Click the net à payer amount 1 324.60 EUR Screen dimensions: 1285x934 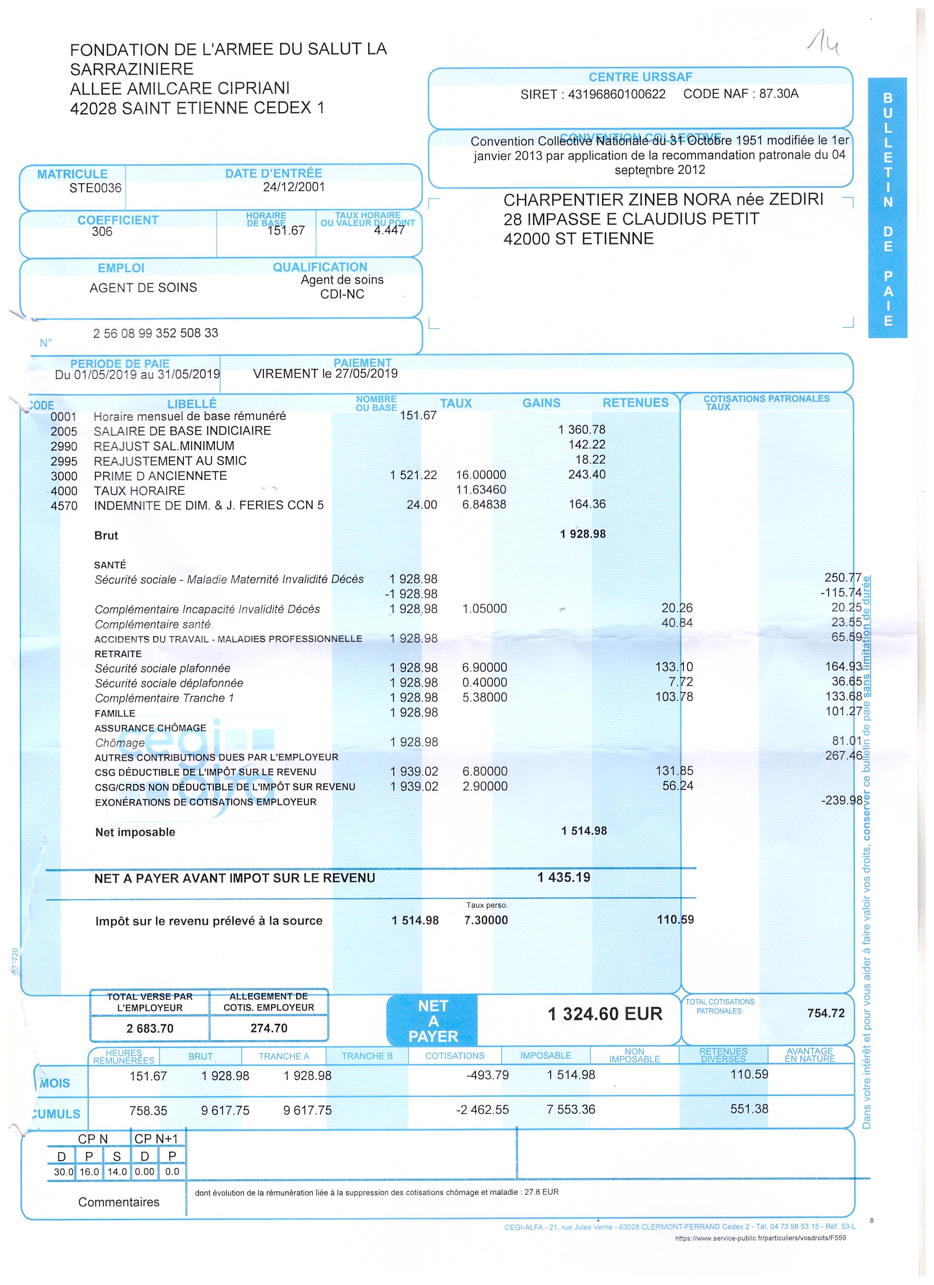pyautogui.click(x=605, y=1014)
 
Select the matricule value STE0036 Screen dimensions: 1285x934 pyautogui.click(x=95, y=188)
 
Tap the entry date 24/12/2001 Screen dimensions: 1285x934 pyautogui.click(x=294, y=187)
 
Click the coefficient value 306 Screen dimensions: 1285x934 pyautogui.click(x=102, y=232)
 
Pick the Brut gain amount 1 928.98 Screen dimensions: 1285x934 pyautogui.click(x=583, y=534)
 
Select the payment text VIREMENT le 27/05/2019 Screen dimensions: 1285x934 pyautogui.click(x=325, y=374)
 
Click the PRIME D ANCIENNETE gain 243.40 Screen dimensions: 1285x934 pyautogui.click(x=587, y=475)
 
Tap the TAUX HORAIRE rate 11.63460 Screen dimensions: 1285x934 pyautogui.click(x=481, y=489)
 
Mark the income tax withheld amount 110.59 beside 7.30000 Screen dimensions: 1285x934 pyautogui.click(x=675, y=920)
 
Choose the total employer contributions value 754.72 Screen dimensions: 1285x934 pyautogui.click(x=826, y=1013)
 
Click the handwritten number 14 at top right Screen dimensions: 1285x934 pyautogui.click(x=823, y=44)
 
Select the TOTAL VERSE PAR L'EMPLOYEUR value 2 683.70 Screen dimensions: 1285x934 pyautogui.click(x=150, y=1028)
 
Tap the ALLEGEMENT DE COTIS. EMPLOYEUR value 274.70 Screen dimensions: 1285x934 pyautogui.click(x=269, y=1028)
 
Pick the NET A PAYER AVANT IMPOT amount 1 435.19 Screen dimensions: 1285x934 pyautogui.click(x=564, y=878)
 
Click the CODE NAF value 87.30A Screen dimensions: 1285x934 pyautogui.click(x=779, y=93)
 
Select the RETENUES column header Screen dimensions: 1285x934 pyautogui.click(x=635, y=403)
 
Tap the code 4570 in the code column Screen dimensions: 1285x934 pyautogui.click(x=64, y=506)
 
